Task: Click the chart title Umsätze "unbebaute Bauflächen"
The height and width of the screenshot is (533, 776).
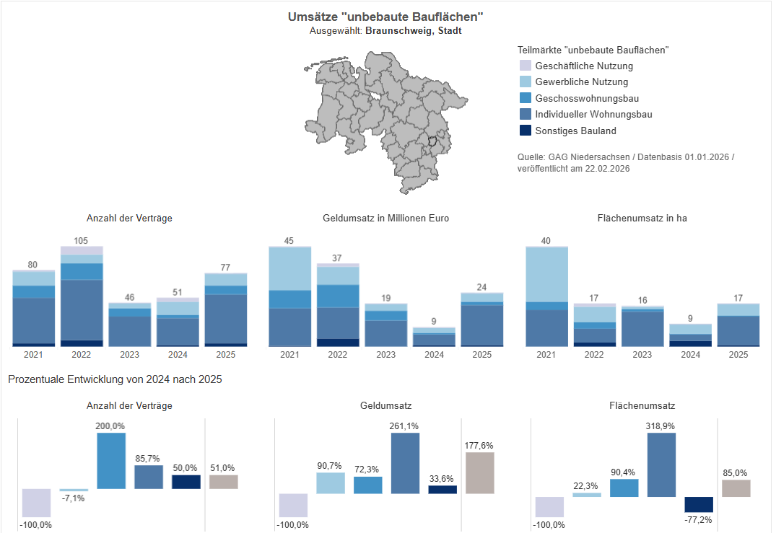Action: click(385, 17)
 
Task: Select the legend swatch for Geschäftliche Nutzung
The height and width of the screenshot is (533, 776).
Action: click(526, 66)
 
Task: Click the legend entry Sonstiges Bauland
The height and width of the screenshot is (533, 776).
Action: click(575, 131)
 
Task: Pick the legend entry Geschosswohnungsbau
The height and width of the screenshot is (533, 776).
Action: click(586, 98)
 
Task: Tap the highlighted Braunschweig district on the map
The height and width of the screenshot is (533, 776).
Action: click(433, 141)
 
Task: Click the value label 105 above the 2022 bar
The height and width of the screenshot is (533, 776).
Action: click(81, 240)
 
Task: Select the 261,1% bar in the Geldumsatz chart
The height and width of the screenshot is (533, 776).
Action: click(406, 463)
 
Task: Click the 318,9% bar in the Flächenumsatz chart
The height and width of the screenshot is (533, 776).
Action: click(661, 464)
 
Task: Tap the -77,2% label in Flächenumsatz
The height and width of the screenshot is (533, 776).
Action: click(699, 519)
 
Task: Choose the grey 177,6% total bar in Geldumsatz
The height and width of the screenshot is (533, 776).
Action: click(480, 473)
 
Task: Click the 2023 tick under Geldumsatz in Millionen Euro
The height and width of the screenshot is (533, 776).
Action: click(385, 355)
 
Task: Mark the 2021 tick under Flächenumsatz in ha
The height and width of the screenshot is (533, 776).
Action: click(546, 355)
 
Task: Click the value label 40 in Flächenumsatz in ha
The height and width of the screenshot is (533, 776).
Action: click(546, 241)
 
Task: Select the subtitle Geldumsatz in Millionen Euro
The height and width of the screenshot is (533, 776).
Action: click(385, 218)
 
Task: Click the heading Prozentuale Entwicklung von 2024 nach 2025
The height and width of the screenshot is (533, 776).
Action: click(115, 379)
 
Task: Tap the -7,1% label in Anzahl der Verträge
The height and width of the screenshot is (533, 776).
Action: click(73, 498)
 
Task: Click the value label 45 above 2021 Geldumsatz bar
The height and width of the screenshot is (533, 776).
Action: click(289, 241)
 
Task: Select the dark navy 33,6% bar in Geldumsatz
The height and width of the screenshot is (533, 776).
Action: click(443, 490)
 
